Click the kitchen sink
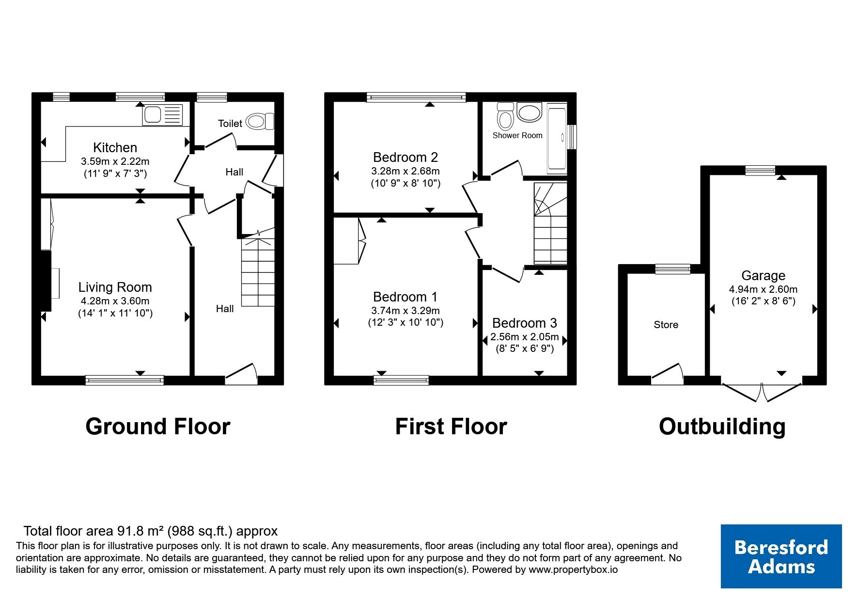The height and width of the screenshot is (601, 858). pos(163,115)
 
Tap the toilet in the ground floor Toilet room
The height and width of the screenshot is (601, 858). pos(260,121)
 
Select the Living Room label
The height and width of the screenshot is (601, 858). pos(115,287)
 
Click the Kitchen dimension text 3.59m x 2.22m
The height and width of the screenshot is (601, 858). pos(115,161)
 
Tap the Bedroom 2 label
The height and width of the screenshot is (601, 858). pos(406,158)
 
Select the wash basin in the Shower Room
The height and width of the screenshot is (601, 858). pos(530,112)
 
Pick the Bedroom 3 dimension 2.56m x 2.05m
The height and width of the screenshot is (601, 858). pos(525,337)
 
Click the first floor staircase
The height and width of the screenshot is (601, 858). pos(550,223)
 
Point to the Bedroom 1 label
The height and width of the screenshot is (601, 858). pos(406,297)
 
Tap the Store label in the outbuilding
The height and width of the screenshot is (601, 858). pos(666,325)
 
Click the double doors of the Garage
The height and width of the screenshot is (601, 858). pos(762,392)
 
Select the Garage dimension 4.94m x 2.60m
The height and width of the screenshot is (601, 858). pos(764,289)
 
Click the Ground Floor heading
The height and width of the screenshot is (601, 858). pos(158,427)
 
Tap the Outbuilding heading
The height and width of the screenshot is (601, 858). pos(722,427)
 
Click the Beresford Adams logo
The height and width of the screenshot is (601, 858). pos(781,556)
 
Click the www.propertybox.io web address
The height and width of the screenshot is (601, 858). pos(573,570)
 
